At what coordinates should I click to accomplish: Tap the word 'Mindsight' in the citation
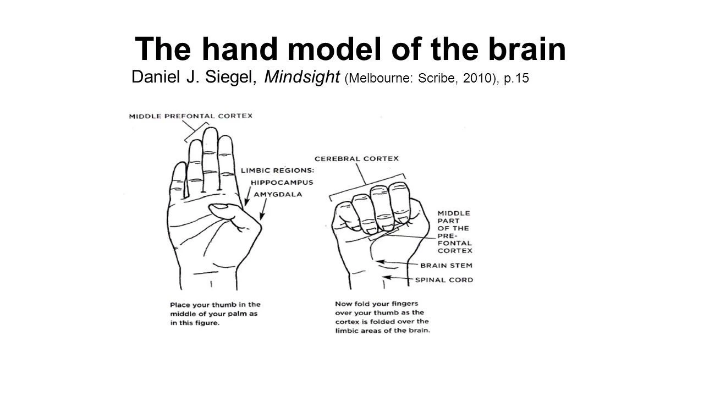click(302, 78)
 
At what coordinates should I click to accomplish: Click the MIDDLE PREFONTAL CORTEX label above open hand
click(190, 116)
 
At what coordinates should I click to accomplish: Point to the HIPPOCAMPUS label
click(282, 183)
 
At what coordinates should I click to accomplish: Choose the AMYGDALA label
click(277, 194)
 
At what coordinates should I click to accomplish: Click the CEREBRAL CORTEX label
click(356, 158)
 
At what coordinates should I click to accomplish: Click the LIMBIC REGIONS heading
click(277, 171)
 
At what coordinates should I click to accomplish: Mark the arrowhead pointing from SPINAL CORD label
click(387, 278)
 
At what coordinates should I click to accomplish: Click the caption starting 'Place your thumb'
click(215, 313)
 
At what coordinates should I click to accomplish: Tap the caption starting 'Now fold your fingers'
click(382, 317)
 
